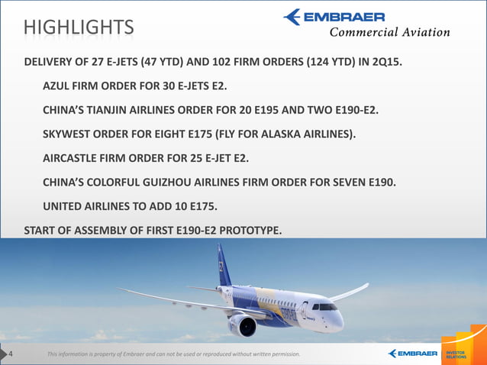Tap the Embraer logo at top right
point(335,17)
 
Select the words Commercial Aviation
point(389,32)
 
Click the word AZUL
point(59,86)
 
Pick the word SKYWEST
point(71,134)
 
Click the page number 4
point(11,353)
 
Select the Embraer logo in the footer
point(412,353)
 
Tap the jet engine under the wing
point(243,326)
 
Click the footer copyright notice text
point(173,354)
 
